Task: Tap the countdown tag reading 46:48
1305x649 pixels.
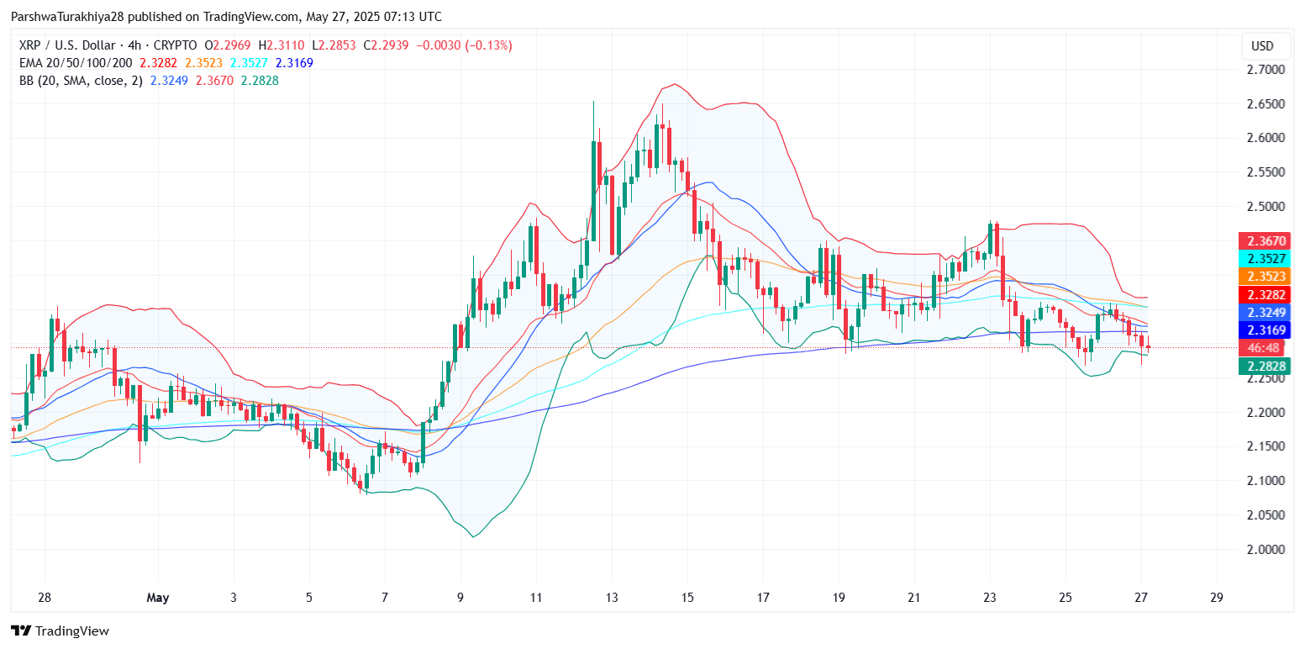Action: tap(1263, 348)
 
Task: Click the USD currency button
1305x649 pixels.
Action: tap(1262, 45)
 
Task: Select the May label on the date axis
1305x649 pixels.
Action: tap(158, 598)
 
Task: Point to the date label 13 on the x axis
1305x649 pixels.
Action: tap(612, 598)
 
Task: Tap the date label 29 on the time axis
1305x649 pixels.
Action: tap(1216, 598)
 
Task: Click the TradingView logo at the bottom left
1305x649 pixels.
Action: tap(60, 631)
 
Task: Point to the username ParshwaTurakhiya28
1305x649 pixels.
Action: tap(69, 17)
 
